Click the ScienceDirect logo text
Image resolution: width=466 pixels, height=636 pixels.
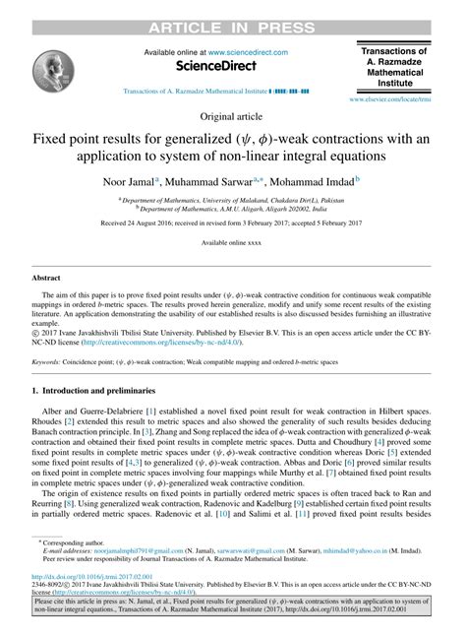[x=215, y=66]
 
